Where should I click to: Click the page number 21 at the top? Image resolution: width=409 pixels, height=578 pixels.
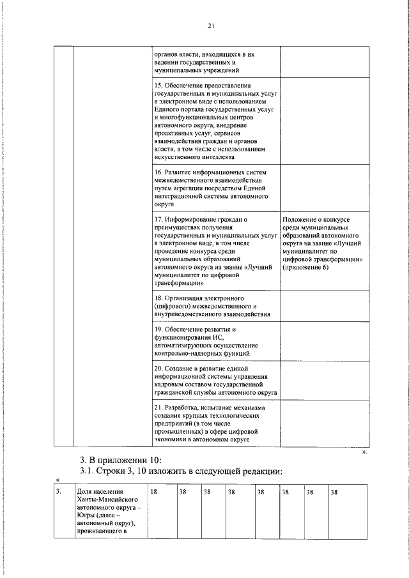click(210, 26)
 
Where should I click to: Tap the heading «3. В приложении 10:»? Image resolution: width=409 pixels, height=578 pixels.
click(116, 459)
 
